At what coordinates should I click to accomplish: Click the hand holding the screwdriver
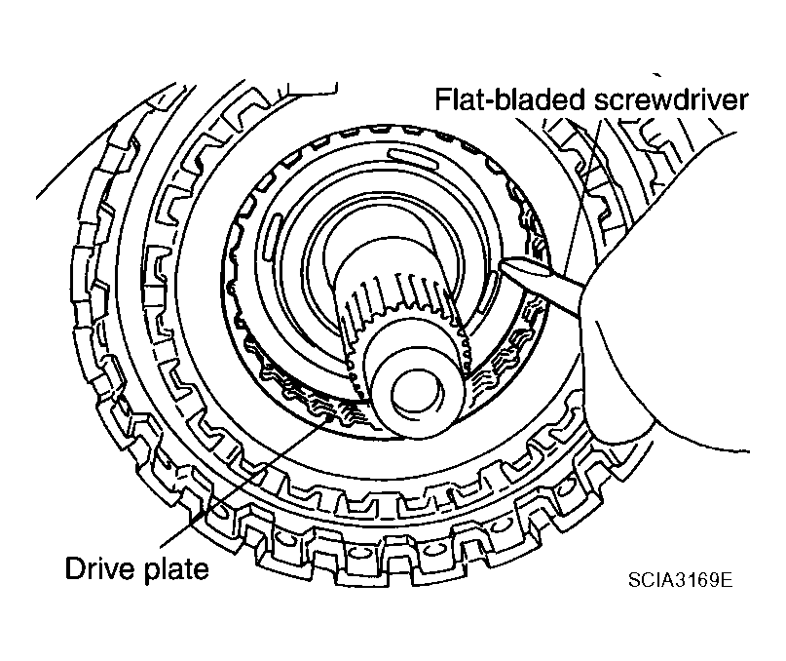pyautogui.click(x=662, y=341)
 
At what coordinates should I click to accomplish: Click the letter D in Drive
pyautogui.click(x=73, y=568)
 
